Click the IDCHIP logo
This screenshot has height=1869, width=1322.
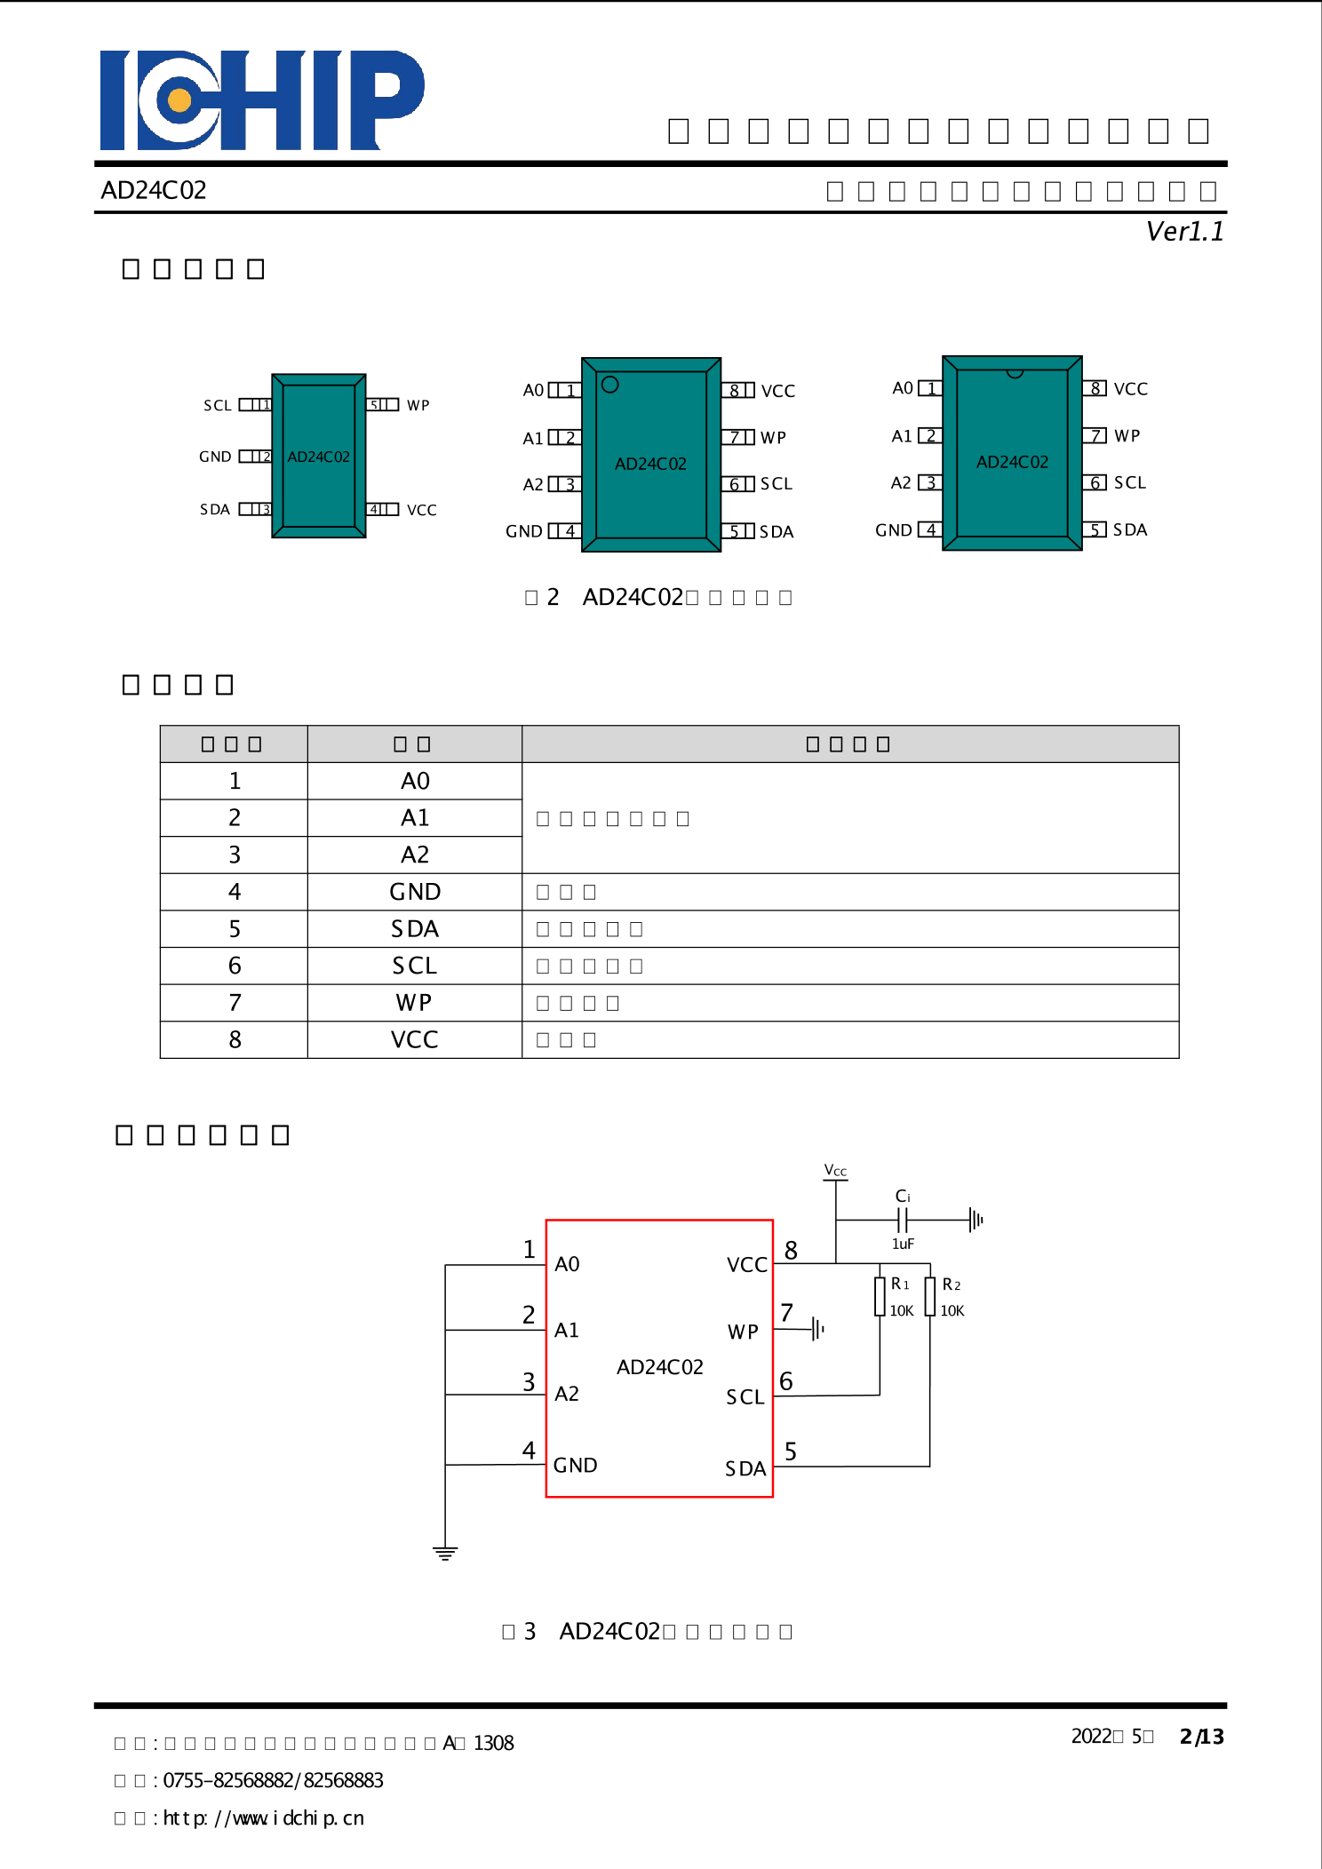click(x=262, y=99)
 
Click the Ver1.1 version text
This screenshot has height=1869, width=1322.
click(x=1184, y=232)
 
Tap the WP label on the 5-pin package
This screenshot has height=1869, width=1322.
click(x=418, y=406)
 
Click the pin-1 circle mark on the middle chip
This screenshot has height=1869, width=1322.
click(x=609, y=385)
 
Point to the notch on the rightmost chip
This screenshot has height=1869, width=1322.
click(x=1014, y=374)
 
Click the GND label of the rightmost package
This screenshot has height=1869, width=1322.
click(x=893, y=530)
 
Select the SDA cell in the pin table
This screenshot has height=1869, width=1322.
click(x=414, y=929)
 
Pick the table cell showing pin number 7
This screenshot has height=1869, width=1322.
click(x=235, y=1003)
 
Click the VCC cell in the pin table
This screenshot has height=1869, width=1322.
click(x=414, y=1040)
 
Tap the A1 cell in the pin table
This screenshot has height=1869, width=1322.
click(x=414, y=818)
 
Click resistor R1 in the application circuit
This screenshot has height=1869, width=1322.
click(x=880, y=1297)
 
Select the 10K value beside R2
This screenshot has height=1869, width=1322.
click(x=952, y=1311)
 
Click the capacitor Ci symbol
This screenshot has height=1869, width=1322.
click(x=903, y=1220)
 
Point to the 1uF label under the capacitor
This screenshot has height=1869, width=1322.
click(x=903, y=1245)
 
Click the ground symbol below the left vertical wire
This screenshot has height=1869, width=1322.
click(x=445, y=1554)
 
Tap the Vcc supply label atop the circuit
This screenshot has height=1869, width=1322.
click(x=835, y=1171)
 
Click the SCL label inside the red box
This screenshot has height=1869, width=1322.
click(x=745, y=1397)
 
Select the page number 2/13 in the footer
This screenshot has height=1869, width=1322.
click(x=1201, y=1737)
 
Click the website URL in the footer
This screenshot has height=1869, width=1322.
click(x=263, y=1818)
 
